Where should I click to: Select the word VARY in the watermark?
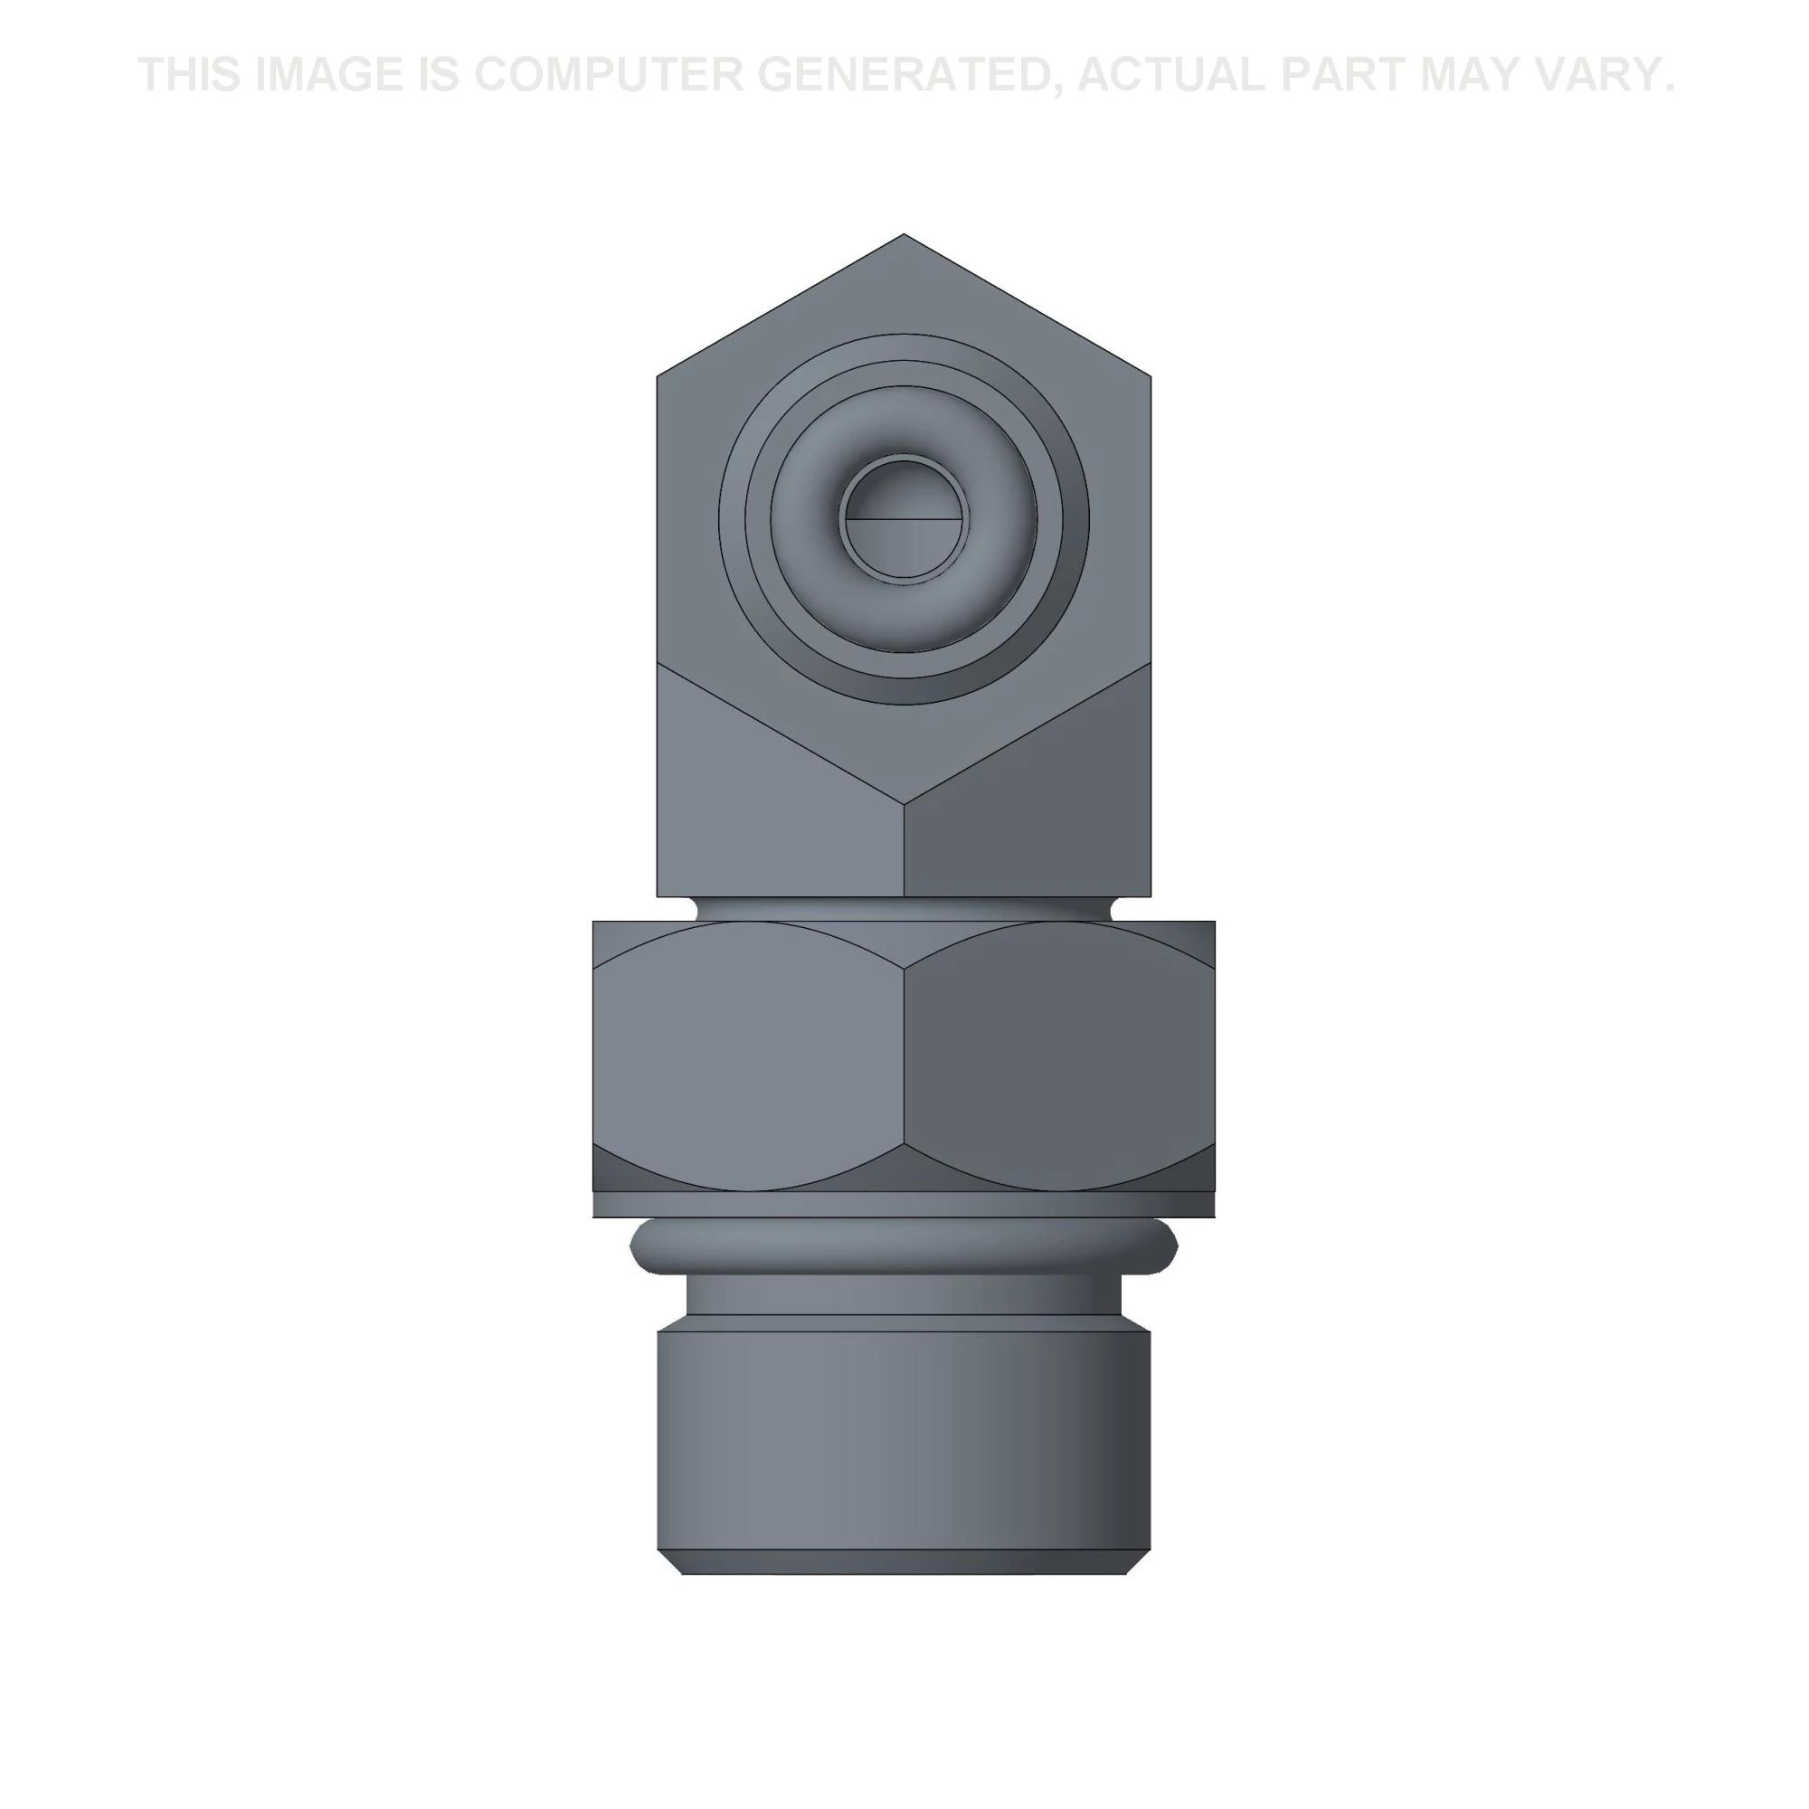(1606, 75)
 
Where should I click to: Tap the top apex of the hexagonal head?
(904, 234)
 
